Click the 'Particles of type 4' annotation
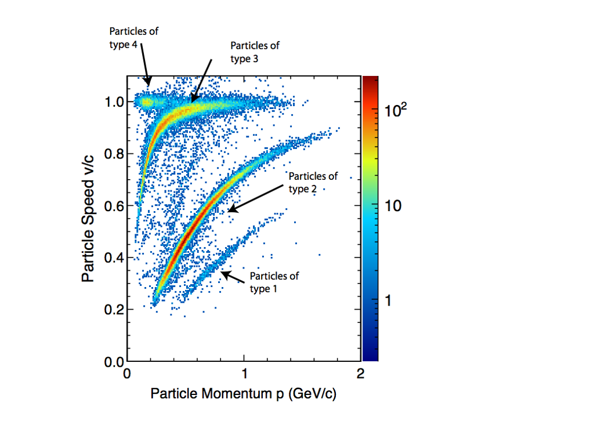pos(133,38)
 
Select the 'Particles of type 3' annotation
pos(255,52)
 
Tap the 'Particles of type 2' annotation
pos(313,182)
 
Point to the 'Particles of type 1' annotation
pos(274,282)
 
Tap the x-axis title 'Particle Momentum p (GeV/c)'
pos(244,394)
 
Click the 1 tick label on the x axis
pos(244,374)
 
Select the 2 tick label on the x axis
pos(361,374)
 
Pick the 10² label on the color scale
pos(396,110)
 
